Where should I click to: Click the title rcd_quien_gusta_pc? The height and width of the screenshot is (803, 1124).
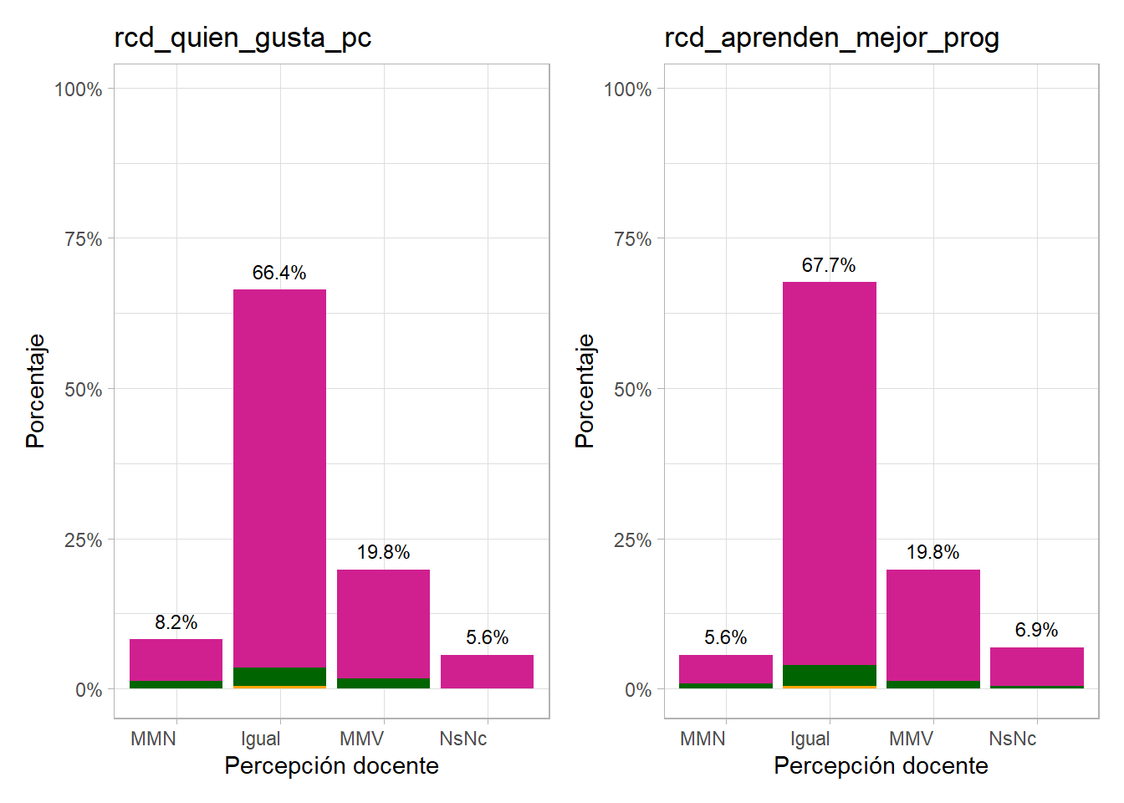[243, 38]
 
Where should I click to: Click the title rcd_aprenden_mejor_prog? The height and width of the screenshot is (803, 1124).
[831, 38]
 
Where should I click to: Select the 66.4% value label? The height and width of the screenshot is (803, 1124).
[279, 273]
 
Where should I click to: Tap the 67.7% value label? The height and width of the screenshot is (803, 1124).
[829, 265]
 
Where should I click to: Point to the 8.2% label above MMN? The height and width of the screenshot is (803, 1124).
[176, 622]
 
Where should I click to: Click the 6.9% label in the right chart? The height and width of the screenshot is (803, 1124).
[1036, 630]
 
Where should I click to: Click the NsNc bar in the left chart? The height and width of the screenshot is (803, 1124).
[487, 672]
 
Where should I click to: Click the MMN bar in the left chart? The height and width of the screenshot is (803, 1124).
[176, 660]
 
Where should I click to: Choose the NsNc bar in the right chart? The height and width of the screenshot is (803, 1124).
[1036, 666]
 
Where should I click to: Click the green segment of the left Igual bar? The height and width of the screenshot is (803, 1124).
[279, 676]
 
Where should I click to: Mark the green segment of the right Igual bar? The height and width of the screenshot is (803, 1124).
[829, 675]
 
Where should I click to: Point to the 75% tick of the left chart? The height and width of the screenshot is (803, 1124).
[83, 239]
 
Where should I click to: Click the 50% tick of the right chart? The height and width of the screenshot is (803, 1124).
[632, 390]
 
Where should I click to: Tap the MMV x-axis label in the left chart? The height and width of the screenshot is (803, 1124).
[361, 739]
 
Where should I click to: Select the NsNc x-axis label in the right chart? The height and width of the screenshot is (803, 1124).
[1012, 739]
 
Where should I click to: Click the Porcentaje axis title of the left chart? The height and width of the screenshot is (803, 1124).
[35, 391]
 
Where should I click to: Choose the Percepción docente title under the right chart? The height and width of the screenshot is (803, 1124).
[881, 765]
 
